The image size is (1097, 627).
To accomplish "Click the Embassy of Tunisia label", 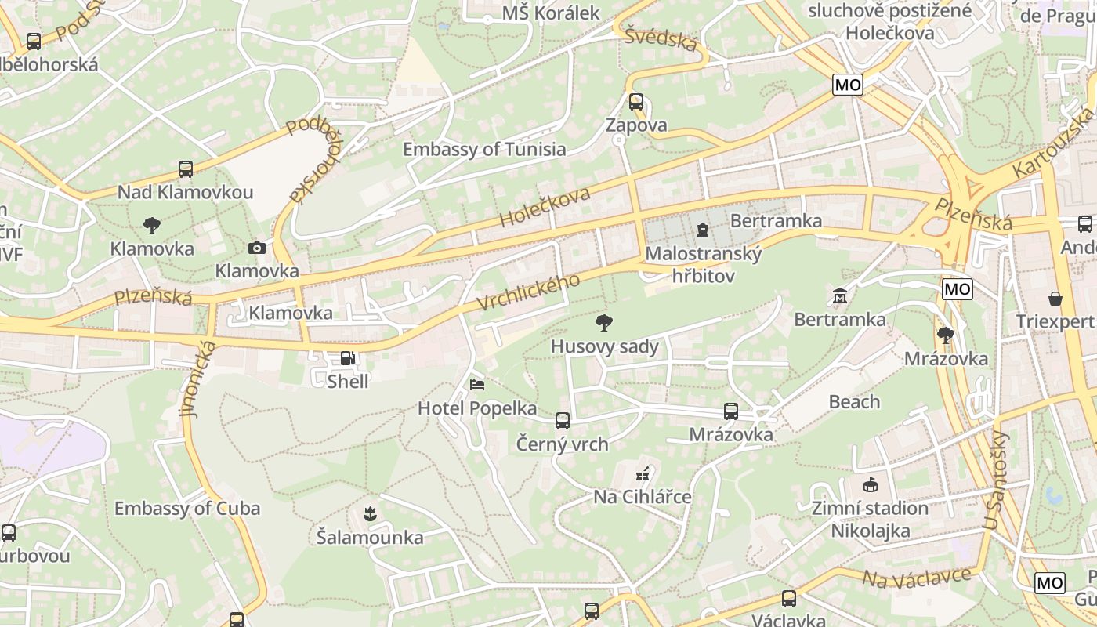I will point(483,149).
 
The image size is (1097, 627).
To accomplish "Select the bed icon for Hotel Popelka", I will point(476,385).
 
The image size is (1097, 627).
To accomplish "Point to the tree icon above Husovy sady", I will point(603,322).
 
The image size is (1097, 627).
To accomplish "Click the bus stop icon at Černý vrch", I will point(562,421).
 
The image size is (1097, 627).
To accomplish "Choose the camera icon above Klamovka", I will point(256,248).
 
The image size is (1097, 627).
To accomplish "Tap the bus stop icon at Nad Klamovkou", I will point(186,169).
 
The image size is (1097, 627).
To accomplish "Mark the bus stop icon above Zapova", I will point(635,102).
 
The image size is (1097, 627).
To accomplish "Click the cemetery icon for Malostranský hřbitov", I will point(703,230).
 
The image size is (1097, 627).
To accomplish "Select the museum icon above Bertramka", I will point(839,296).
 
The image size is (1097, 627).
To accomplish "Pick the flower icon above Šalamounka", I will point(370,514).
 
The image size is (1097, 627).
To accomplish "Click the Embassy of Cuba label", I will point(186,508).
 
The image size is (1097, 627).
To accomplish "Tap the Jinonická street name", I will point(196,378).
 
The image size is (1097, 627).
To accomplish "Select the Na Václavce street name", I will point(916,579).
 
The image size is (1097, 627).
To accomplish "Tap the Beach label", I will point(854,402).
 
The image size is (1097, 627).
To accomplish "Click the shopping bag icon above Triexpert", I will point(1055,299).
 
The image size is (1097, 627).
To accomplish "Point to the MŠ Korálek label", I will point(550,13).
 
